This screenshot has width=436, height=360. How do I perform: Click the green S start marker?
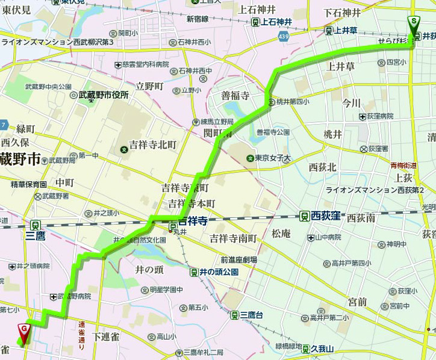tap(414, 23)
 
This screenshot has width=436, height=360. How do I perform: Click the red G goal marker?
tap(24, 331)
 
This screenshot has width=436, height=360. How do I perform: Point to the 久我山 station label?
tap(322, 348)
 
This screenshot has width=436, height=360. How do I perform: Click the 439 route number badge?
tap(282, 37)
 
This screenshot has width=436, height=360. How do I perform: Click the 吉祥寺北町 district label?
tap(152, 144)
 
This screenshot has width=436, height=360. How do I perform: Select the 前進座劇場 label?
tap(238, 260)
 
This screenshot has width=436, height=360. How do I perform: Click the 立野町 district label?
tap(150, 86)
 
